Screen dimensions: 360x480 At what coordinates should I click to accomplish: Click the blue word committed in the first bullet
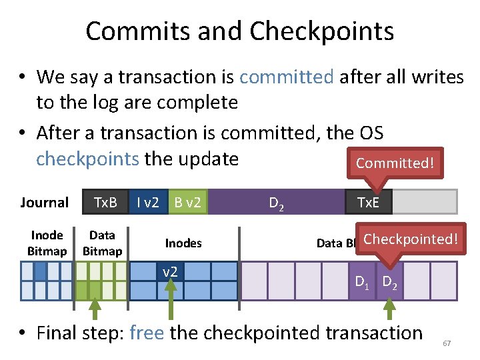286,77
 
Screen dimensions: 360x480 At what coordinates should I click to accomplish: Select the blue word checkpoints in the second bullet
87,159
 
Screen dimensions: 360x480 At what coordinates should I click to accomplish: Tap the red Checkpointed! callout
411,239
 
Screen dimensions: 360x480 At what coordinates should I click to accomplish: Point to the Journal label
44,203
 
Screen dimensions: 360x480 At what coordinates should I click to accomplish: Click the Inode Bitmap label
47,243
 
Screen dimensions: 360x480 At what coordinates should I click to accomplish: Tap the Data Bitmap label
102,243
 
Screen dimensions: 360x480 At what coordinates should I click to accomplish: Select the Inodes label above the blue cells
183,243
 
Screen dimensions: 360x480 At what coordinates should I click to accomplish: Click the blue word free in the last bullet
147,332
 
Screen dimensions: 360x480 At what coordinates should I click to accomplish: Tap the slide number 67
447,343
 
